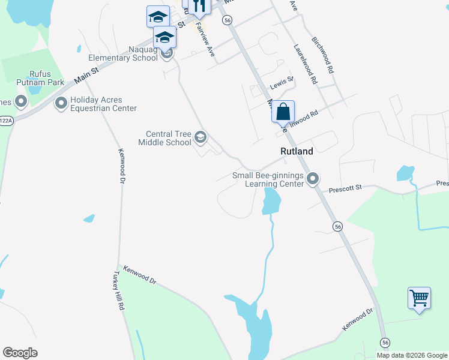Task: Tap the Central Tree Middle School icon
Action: point(200,139)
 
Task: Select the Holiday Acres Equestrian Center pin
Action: point(61,104)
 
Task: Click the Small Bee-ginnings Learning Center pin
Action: point(312,179)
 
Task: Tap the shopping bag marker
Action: point(283,112)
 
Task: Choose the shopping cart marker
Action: point(419,298)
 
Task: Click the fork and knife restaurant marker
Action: point(199,6)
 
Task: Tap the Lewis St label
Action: point(282,80)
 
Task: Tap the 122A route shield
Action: point(5,120)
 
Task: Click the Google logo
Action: point(20,353)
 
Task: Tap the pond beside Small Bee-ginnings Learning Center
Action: point(271,201)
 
